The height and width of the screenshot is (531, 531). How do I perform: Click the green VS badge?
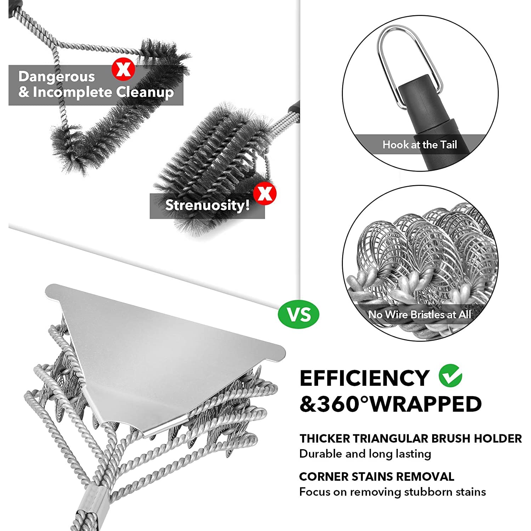(x=299, y=314)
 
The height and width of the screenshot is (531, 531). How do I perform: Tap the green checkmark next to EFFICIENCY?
(x=450, y=376)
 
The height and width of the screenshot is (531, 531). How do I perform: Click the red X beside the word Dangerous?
(x=123, y=69)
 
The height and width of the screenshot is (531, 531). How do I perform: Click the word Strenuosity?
(x=207, y=205)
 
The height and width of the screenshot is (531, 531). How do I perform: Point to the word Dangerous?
(x=57, y=76)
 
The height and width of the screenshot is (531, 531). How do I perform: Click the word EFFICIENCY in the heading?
(x=364, y=378)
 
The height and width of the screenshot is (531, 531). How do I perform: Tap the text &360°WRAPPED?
(x=390, y=404)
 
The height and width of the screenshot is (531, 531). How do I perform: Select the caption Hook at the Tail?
(x=419, y=145)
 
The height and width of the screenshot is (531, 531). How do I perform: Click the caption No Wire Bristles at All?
(x=419, y=314)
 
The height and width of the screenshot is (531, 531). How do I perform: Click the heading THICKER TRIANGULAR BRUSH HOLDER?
(x=410, y=439)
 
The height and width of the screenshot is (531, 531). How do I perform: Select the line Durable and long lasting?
(x=365, y=454)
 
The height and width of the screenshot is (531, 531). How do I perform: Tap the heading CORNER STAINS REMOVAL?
(x=376, y=476)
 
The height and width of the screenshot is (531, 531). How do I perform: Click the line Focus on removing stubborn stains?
(x=392, y=492)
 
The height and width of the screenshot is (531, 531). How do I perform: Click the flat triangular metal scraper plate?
(x=166, y=358)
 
